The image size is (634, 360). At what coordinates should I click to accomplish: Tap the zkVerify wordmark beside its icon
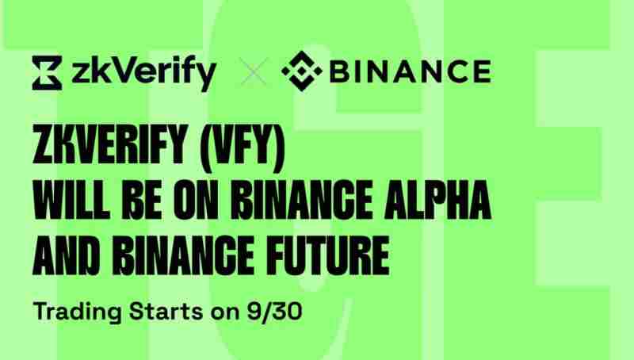coord(143,74)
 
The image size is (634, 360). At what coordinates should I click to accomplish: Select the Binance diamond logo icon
coord(300,73)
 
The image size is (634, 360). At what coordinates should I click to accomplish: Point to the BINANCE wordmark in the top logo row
coord(407,74)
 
